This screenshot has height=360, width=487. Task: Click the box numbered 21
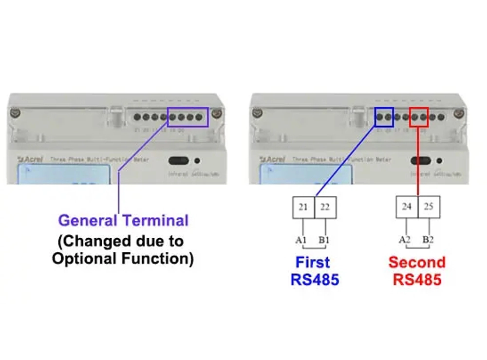303,207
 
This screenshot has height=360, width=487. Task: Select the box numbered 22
325,207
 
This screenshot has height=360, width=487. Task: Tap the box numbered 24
407,207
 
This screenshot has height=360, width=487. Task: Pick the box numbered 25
429,207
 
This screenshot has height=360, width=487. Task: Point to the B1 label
324,240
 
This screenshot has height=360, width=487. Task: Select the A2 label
405,239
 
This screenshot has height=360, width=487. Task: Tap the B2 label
429,239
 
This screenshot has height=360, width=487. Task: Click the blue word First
312,263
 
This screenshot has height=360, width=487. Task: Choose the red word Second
417,263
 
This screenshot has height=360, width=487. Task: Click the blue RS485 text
315,280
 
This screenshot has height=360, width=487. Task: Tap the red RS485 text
417,280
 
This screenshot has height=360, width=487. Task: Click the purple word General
88,221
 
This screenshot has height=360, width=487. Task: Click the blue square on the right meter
384,117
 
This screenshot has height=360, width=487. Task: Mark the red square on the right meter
419,117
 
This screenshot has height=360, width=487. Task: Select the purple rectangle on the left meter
187,117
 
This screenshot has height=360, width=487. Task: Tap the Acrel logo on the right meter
271,159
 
